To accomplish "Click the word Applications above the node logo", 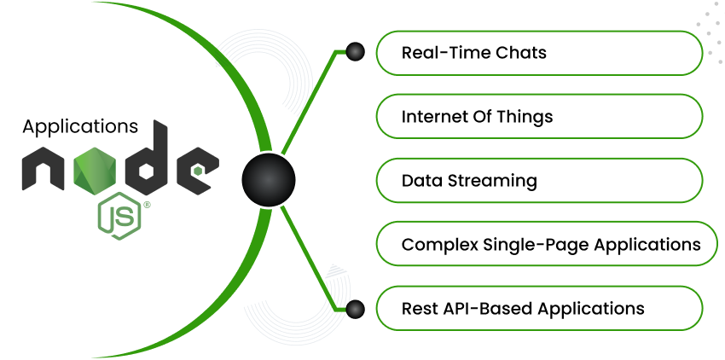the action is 80,127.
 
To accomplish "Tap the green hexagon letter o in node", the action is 95,171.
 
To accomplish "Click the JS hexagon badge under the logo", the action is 119,216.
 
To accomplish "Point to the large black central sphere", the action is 268,180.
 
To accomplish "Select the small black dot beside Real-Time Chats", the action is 355,52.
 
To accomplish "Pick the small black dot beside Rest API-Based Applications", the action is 355,309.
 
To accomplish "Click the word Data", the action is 419,181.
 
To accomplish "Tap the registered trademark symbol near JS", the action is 147,205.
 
